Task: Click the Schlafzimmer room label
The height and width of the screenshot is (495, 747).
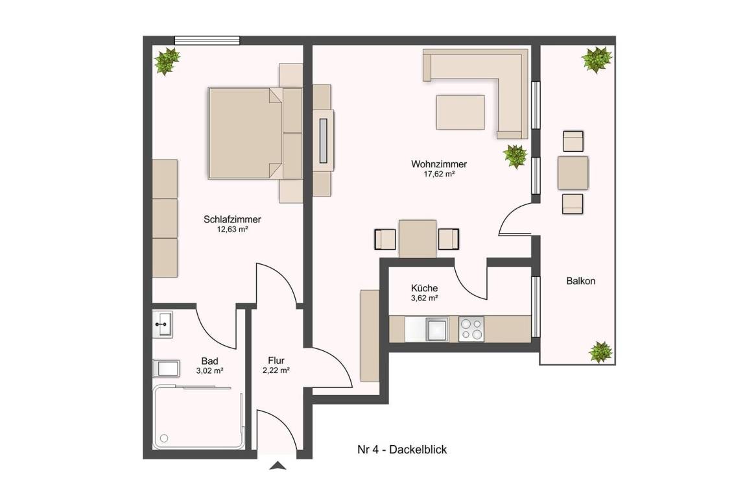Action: click(232, 220)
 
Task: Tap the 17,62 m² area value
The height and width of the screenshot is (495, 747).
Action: click(439, 175)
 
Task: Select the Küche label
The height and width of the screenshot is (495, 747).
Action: click(425, 288)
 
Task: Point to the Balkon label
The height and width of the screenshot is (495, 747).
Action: click(581, 281)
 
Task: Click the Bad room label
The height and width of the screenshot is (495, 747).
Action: click(209, 361)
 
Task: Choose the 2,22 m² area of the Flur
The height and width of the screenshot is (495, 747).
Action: click(276, 370)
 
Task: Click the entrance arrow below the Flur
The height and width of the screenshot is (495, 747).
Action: click(278, 465)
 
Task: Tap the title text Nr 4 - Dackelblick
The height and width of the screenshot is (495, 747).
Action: click(402, 450)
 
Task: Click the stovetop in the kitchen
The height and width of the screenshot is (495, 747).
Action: click(471, 329)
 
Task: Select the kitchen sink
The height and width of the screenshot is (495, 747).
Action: click(437, 329)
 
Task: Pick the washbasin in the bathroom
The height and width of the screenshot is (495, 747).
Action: click(163, 324)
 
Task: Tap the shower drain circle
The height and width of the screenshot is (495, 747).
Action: click(165, 438)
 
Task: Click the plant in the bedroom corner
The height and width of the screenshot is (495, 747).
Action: click(167, 61)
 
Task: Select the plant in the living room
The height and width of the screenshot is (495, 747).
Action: click(515, 156)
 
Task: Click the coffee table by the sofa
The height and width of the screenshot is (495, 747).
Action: click(460, 112)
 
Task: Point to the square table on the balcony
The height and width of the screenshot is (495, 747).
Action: click(573, 173)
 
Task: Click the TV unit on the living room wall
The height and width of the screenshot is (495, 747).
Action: click(324, 141)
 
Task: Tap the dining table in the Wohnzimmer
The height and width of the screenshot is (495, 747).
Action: click(418, 239)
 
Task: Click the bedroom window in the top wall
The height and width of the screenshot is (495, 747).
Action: click(207, 40)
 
